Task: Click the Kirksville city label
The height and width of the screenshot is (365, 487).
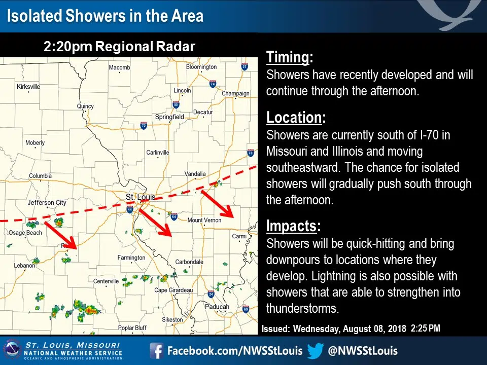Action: coord(28,87)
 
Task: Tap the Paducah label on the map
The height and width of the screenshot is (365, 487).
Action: coord(217,307)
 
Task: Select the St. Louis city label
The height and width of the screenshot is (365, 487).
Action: coord(141,197)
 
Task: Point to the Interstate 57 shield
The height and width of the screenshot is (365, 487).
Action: coord(245,66)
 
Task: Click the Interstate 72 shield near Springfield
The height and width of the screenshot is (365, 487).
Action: coord(144,126)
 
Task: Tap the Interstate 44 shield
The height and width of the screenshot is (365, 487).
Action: coord(130,209)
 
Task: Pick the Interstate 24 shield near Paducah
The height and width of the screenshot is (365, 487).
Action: coord(211,294)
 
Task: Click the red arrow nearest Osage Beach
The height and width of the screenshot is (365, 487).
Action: coord(60,235)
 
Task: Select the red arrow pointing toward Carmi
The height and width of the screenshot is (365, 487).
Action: coord(218,204)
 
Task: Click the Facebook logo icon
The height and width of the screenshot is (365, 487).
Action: coord(156,351)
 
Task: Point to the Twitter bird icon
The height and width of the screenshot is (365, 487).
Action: coord(316,351)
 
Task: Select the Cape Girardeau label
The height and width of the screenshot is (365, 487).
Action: coord(173,290)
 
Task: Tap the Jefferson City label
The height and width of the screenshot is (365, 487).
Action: coord(47,203)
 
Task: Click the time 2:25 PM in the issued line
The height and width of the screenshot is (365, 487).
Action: coord(426,328)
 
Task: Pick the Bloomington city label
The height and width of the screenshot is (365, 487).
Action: coord(201,67)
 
